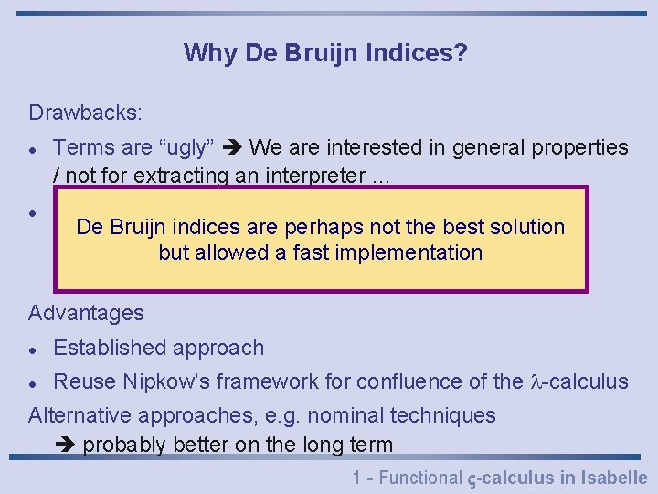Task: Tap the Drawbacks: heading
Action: (85, 113)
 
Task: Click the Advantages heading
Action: (86, 313)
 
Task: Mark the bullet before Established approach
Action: (32, 349)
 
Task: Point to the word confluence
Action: (403, 381)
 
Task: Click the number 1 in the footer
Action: (356, 477)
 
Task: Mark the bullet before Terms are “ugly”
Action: (32, 148)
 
